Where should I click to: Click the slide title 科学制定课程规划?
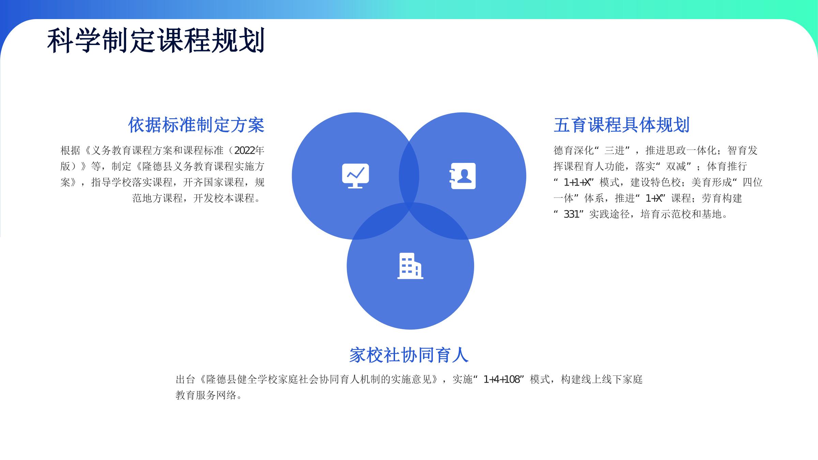pos(156,41)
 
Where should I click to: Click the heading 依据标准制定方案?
pos(196,125)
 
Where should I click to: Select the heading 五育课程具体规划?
pos(622,125)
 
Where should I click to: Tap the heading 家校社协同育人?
pos(409,355)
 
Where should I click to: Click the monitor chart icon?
pos(355,176)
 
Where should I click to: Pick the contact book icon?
pos(463,176)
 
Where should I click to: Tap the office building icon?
pos(410,266)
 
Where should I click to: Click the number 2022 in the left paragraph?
pos(244,150)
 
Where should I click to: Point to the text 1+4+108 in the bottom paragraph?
pos(501,379)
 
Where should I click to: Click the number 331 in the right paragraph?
pos(572,214)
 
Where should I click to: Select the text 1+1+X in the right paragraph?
pos(577,182)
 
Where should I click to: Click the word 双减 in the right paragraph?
pos(676,166)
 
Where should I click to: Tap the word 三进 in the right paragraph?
pos(615,150)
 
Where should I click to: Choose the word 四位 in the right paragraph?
pos(753,182)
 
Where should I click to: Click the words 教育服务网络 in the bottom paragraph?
pos(206,395)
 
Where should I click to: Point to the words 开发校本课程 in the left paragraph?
pos(224,198)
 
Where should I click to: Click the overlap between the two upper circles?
pos(409,176)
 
